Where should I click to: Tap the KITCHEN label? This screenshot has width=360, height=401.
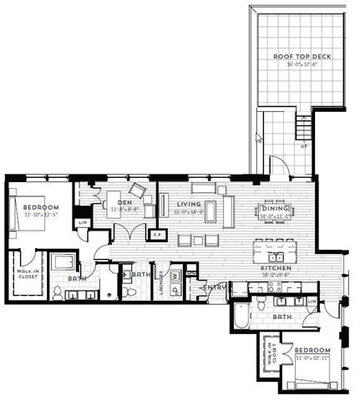(x=276, y=266)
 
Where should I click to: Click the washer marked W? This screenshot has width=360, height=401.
(x=175, y=276)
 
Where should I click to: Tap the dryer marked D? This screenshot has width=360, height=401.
(x=175, y=289)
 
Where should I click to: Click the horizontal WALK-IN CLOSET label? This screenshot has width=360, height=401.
(x=25, y=273)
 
